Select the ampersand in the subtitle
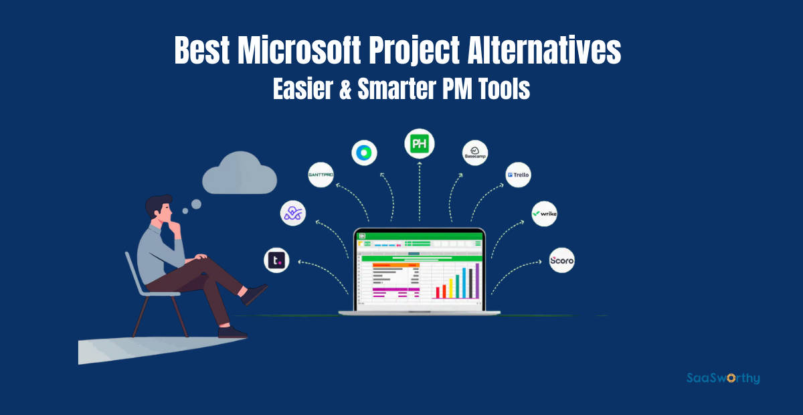pos(345,89)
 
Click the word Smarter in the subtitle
pos(403,89)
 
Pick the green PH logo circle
pos(420,143)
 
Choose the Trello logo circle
pos(519,175)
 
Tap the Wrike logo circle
pos(544,214)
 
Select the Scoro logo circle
pos(561,260)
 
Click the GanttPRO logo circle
pos(321,175)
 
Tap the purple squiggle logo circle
pos(293,213)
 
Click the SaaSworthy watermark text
pos(723,378)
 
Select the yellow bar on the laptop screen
pos(451,288)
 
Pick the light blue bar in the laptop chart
pos(460,284)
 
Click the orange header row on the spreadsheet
pos(395,264)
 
